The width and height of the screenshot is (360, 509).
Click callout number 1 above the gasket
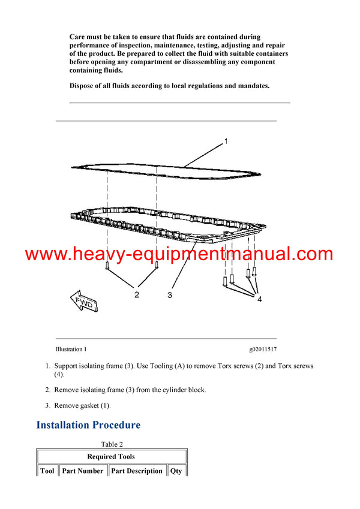click(226, 141)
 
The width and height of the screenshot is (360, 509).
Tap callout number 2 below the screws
click(137, 294)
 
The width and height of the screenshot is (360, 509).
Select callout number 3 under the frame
click(170, 295)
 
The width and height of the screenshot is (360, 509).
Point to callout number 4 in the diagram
click(259, 299)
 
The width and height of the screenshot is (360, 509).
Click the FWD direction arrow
click(84, 302)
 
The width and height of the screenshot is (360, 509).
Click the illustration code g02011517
click(263, 349)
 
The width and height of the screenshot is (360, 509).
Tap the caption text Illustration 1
click(71, 349)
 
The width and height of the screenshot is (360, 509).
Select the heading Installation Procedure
click(88, 425)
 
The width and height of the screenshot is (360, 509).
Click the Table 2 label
click(112, 444)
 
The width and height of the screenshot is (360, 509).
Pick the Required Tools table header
click(112, 456)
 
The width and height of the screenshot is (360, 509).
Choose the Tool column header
click(47, 471)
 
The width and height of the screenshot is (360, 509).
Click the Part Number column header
click(83, 471)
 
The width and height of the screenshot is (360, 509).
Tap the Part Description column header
click(137, 471)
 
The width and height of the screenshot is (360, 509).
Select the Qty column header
click(176, 471)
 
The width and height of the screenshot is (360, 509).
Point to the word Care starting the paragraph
click(78, 37)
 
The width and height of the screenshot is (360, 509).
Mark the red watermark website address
click(179, 254)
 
